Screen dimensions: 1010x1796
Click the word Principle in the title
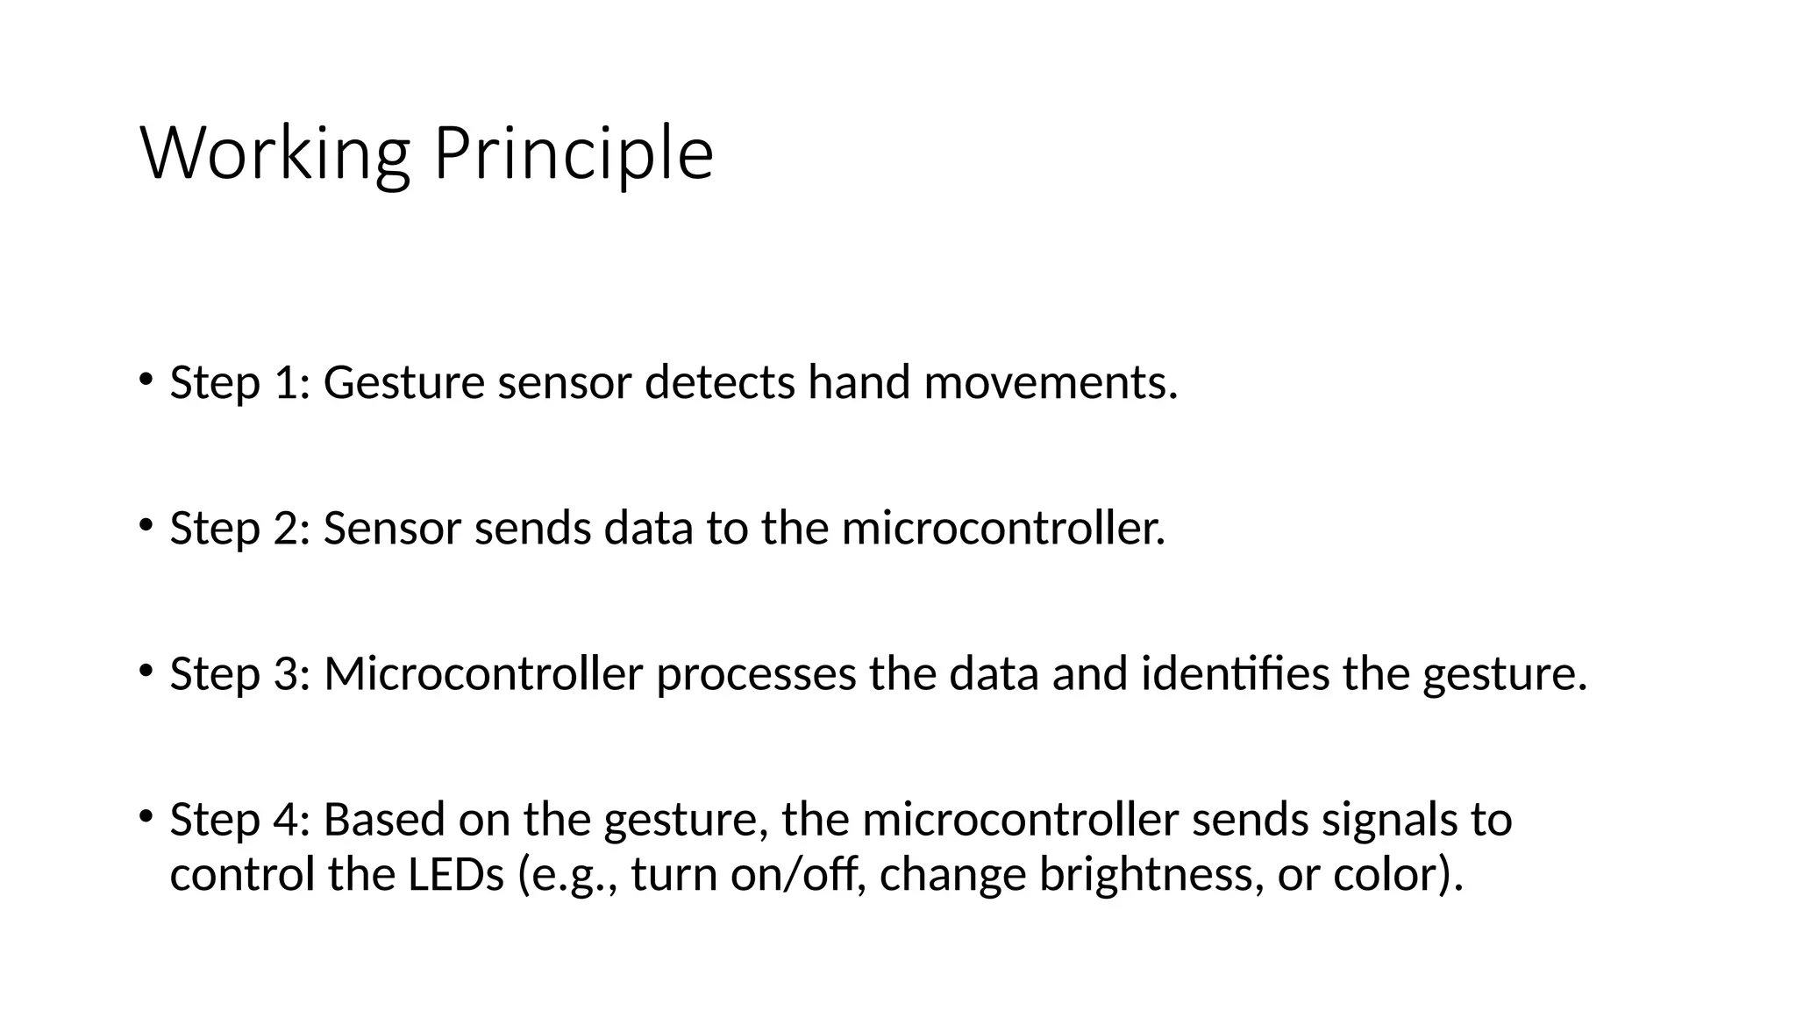tap(574, 154)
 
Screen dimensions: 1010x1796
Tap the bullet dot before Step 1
tap(146, 379)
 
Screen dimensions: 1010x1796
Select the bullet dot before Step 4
tap(146, 815)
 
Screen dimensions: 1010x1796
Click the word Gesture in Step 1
tap(403, 383)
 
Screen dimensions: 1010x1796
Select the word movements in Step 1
tap(1050, 383)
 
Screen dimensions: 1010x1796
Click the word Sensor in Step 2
tap(392, 529)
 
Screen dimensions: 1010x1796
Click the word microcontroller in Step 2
tap(1003, 529)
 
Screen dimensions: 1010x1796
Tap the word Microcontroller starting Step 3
tap(483, 674)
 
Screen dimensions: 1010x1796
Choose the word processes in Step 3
tap(756, 674)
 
